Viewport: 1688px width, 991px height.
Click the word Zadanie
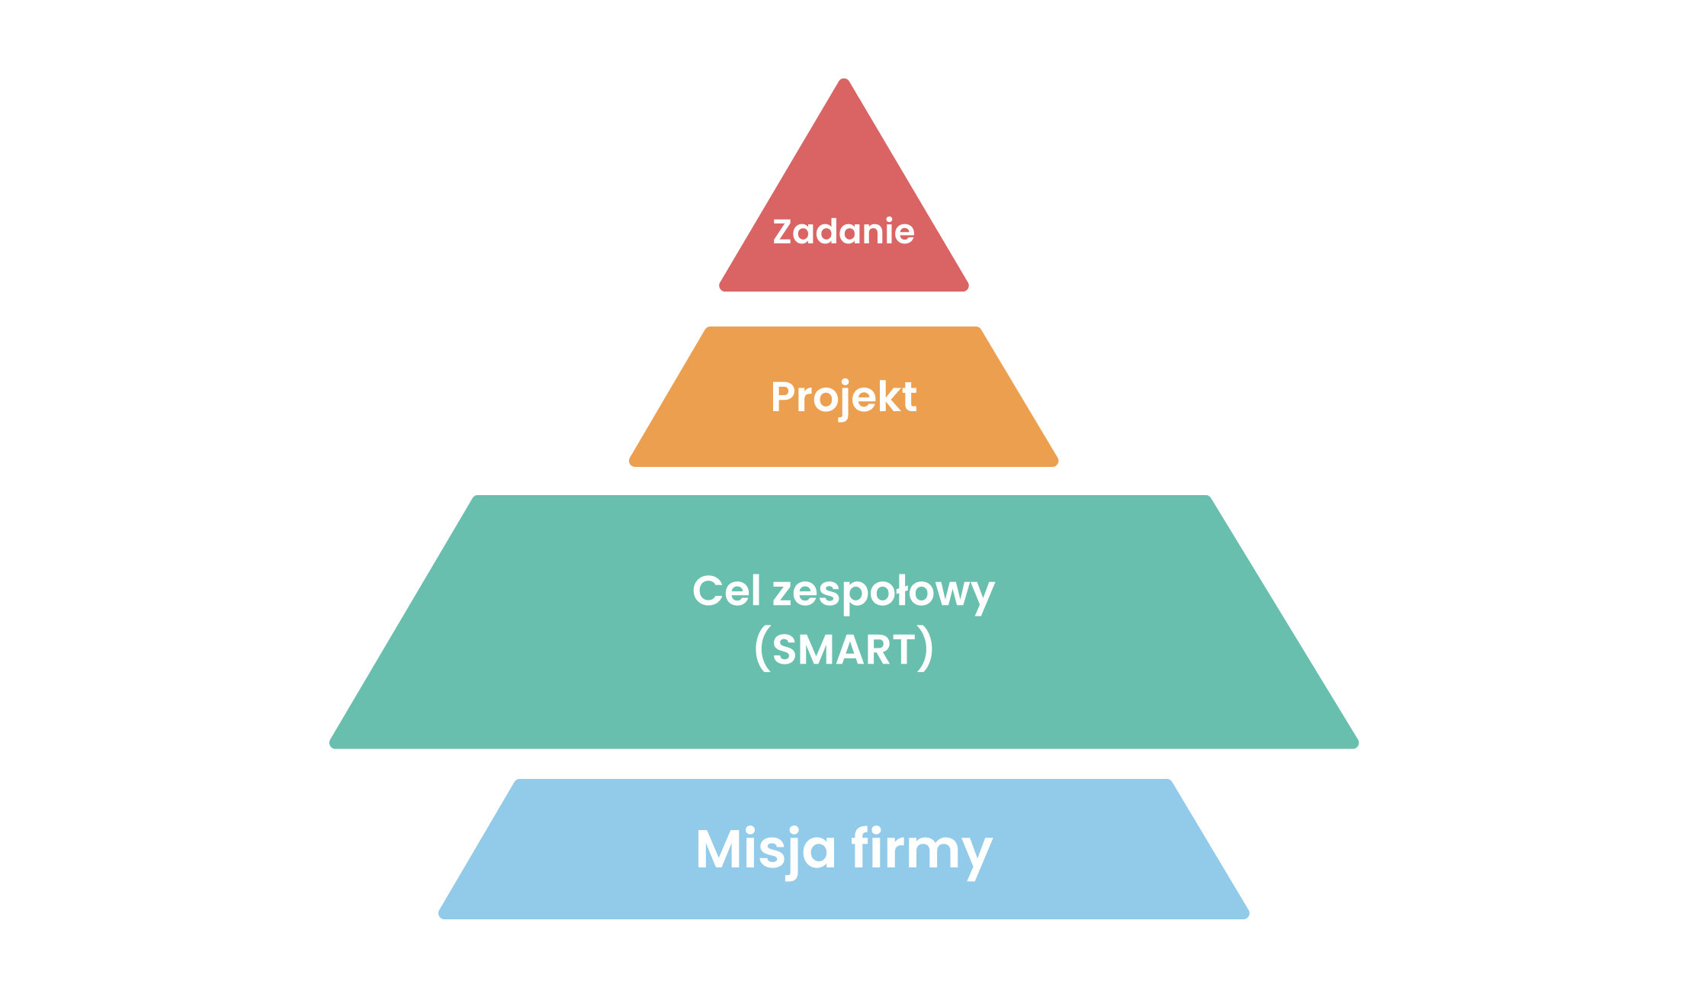click(843, 231)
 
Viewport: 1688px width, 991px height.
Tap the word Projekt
click(843, 397)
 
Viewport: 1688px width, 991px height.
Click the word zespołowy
click(884, 594)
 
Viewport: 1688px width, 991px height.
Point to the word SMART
click(843, 650)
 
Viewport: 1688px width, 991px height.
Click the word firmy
click(922, 851)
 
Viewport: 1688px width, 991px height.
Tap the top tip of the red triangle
click(844, 79)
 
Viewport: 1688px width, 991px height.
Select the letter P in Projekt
click(784, 397)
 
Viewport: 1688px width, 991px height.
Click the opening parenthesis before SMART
click(762, 648)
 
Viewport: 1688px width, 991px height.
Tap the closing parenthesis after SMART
click(925, 648)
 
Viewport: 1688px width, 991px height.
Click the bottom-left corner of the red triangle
click(720, 289)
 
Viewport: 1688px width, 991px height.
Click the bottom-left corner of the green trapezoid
click(331, 746)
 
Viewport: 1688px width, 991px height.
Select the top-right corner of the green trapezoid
click(1208, 497)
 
